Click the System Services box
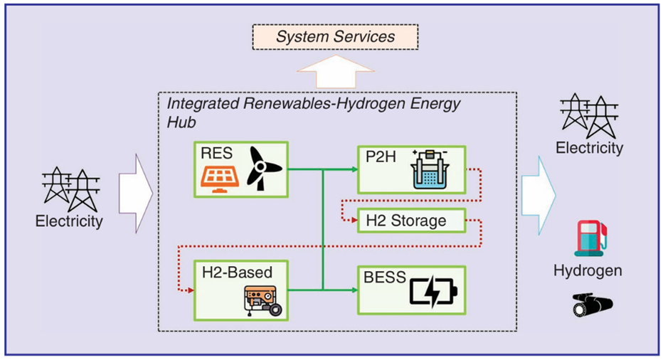point(335,36)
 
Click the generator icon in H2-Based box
point(261,300)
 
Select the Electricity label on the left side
point(69,221)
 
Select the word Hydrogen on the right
point(588,271)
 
